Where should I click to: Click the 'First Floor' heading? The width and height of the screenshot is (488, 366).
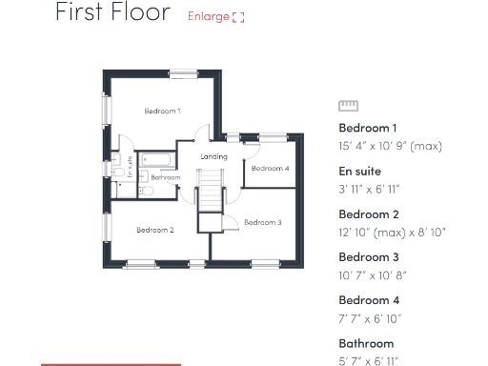tap(112, 13)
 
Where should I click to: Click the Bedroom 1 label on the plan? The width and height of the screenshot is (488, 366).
tap(162, 112)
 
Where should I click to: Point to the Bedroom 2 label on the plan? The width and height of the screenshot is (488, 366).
tap(154, 230)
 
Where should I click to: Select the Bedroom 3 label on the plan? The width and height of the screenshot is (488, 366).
tap(262, 222)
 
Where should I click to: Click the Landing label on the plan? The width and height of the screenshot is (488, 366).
tap(214, 156)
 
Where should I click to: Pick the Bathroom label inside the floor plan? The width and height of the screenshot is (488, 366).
tap(166, 177)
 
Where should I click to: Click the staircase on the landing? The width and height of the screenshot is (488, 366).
tap(209, 191)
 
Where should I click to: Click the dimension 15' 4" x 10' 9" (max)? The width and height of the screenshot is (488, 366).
tap(391, 146)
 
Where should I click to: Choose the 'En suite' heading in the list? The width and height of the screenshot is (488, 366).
tap(357, 171)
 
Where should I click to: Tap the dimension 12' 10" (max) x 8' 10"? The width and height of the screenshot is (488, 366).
tap(392, 232)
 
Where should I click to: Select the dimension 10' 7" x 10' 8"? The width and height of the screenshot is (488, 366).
tap(373, 275)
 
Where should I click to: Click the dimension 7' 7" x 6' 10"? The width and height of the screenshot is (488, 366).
tap(369, 318)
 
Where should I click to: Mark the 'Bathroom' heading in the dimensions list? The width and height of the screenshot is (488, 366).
tap(366, 343)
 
